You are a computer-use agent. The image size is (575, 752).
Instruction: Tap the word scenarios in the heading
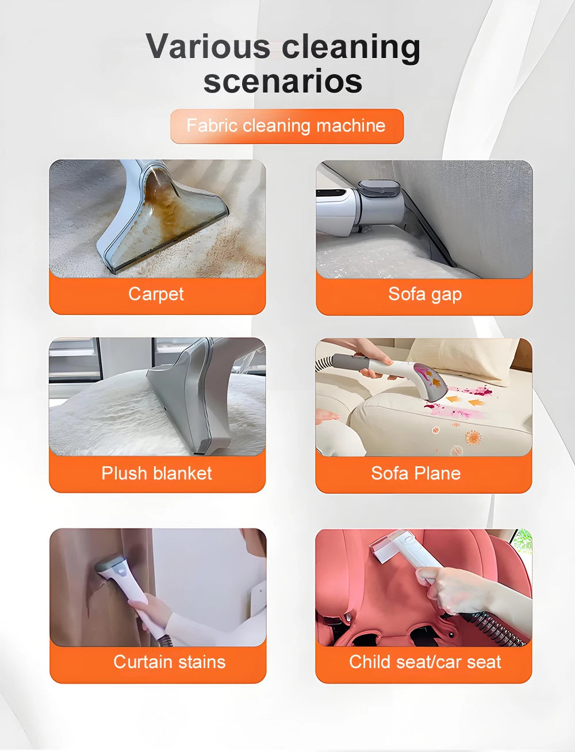point(283,81)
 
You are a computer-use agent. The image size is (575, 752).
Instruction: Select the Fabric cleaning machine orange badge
point(286,126)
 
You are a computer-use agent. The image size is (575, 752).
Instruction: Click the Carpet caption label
point(156,294)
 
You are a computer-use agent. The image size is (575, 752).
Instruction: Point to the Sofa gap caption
point(425,294)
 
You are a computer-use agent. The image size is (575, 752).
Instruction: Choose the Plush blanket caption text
point(156,473)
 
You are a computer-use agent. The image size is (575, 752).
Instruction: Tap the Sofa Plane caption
point(416,473)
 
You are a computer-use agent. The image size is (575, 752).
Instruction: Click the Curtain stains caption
point(169,662)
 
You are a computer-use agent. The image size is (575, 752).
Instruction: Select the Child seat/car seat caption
point(425,662)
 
